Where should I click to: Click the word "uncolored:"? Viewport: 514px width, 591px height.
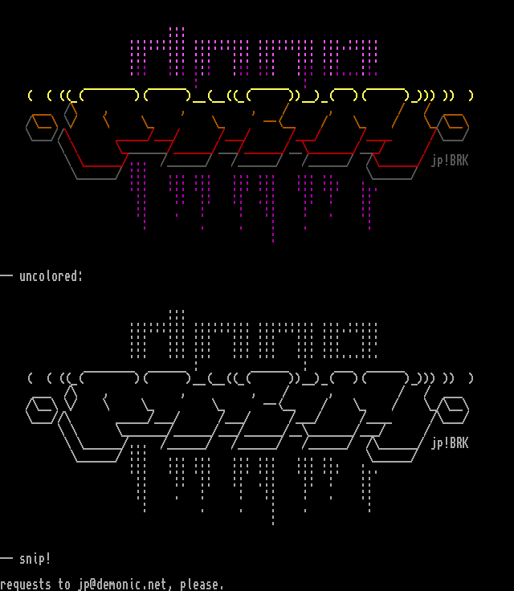51,276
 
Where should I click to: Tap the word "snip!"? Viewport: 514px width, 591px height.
35,559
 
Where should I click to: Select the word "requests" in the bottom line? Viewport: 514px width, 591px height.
25,585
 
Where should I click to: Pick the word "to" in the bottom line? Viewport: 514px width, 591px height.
64,585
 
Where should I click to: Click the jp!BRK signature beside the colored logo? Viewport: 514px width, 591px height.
449,161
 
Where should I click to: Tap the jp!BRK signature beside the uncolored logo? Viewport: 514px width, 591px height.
449,443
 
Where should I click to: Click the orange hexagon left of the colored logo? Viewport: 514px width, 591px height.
42,127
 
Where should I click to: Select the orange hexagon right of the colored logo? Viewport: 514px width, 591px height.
453,127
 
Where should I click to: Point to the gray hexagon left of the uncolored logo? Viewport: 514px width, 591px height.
42,410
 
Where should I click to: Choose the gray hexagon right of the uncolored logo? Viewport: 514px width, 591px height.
453,410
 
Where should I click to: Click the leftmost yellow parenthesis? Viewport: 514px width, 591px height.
30,96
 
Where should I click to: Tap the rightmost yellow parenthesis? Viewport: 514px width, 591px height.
471,96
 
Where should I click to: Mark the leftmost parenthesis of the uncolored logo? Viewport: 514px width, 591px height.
30,378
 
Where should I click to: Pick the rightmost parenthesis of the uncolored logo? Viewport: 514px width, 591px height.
471,378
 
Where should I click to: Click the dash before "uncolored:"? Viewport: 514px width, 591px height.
6,276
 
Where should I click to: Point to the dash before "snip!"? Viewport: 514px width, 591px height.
6,559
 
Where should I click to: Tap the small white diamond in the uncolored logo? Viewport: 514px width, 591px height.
71,397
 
